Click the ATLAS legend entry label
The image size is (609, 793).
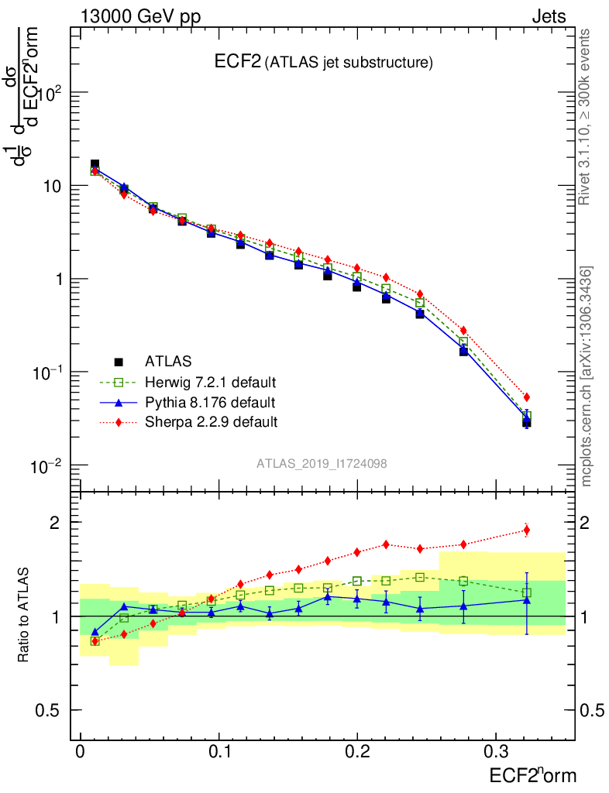tap(168, 361)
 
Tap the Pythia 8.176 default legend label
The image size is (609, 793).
tap(209, 402)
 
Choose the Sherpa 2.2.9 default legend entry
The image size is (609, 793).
tap(211, 422)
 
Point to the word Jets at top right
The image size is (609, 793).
tap(549, 16)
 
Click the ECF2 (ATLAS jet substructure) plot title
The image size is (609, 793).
tap(323, 63)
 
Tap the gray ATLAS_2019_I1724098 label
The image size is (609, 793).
tap(322, 463)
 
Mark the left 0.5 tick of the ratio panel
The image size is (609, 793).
tap(51, 710)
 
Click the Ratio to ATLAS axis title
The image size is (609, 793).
tap(24, 616)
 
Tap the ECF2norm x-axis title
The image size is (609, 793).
tap(532, 775)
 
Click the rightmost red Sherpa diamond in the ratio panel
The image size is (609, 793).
tap(527, 530)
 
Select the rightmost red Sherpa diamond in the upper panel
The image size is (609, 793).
tap(527, 397)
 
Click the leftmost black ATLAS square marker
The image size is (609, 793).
tap(95, 165)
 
